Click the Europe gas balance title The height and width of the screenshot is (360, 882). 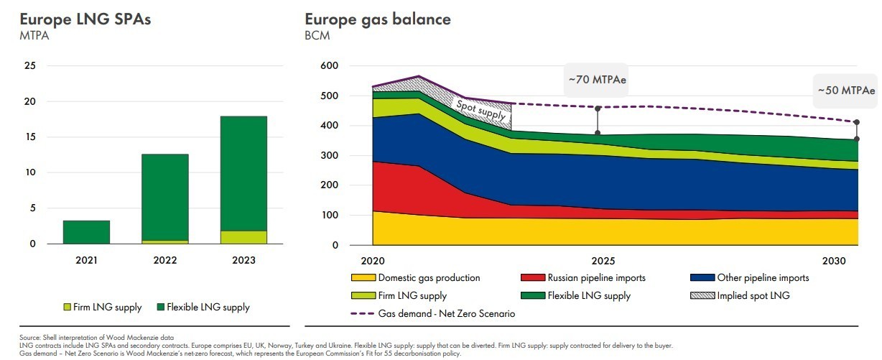coord(378,19)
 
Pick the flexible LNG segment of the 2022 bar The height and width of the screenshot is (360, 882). coord(165,197)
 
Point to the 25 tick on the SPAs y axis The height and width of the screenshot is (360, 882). coord(30,66)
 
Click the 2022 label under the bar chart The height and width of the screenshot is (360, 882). coord(165,260)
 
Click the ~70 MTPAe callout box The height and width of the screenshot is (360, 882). coord(597,80)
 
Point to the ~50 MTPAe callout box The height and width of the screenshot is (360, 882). coord(846,91)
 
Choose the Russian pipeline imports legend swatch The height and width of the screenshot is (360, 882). coord(531,278)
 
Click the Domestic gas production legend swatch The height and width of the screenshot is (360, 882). coord(362,278)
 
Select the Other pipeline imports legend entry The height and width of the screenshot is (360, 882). coord(762,278)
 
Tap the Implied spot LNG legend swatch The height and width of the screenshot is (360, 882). coord(700,295)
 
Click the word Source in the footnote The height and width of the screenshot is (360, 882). coord(29,338)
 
